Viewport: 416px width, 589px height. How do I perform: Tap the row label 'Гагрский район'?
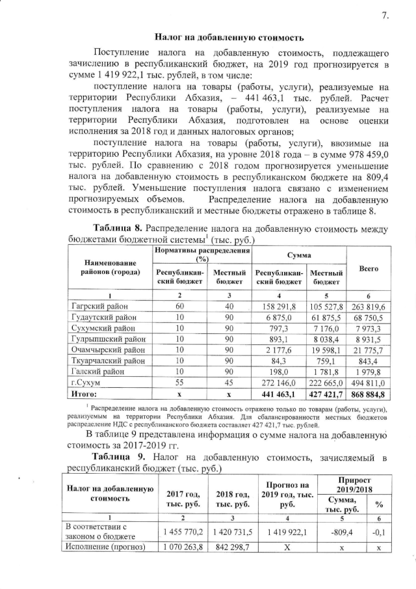[x=98, y=306]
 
